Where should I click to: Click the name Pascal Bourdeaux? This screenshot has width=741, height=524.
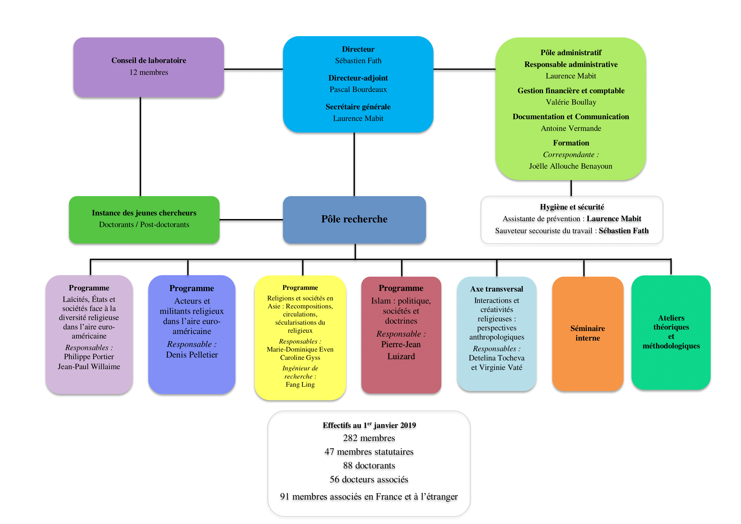pyautogui.click(x=358, y=89)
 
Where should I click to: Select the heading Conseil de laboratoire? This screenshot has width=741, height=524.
pyautogui.click(x=149, y=60)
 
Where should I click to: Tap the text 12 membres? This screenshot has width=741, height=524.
pyautogui.click(x=149, y=72)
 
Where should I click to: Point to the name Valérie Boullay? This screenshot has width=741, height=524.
pyautogui.click(x=571, y=102)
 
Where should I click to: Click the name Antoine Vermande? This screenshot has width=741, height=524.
pyautogui.click(x=571, y=128)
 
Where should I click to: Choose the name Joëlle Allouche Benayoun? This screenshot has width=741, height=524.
pyautogui.click(x=570, y=166)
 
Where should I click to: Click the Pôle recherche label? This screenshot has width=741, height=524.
pyautogui.click(x=354, y=219)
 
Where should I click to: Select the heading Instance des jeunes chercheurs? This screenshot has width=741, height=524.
pyautogui.click(x=144, y=213)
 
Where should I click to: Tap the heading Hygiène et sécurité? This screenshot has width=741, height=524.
pyautogui.click(x=572, y=207)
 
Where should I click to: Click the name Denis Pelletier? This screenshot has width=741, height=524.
pyautogui.click(x=192, y=354)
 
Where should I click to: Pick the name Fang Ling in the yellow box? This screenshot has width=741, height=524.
pyautogui.click(x=300, y=384)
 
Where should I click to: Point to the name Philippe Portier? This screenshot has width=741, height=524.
pyautogui.click(x=89, y=356)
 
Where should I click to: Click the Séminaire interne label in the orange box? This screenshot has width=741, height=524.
pyautogui.click(x=587, y=333)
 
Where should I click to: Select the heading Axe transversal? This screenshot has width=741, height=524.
pyautogui.click(x=496, y=289)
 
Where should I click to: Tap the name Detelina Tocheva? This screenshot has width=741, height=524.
pyautogui.click(x=496, y=358)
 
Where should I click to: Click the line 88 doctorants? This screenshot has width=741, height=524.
pyautogui.click(x=369, y=465)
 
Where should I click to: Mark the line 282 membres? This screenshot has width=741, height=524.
pyautogui.click(x=369, y=438)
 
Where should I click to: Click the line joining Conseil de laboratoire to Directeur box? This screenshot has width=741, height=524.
pyautogui.click(x=253, y=69)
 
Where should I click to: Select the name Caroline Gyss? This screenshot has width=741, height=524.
pyautogui.click(x=300, y=357)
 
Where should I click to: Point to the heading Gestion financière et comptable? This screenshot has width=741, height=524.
pyautogui.click(x=571, y=91)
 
